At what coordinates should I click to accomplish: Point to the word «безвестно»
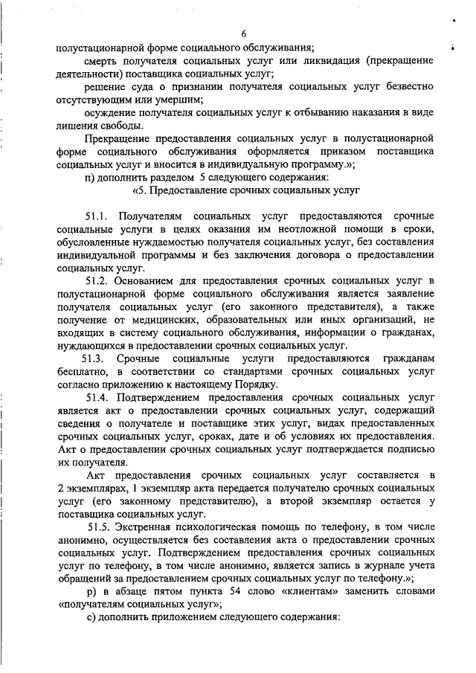pyautogui.click(x=407, y=88)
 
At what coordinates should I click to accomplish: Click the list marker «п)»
pyautogui.click(x=91, y=178)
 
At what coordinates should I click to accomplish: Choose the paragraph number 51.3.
pyautogui.click(x=98, y=360)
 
